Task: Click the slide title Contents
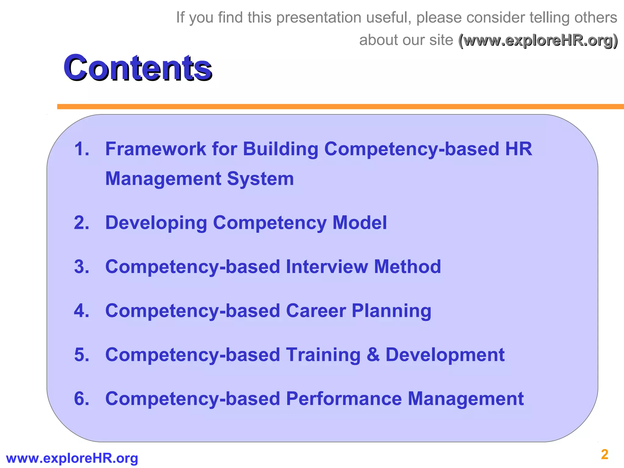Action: click(x=137, y=67)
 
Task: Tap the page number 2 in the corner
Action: click(x=604, y=455)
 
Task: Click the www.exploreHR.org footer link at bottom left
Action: click(x=72, y=458)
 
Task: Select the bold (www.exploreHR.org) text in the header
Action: click(x=538, y=40)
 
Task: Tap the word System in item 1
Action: click(x=260, y=179)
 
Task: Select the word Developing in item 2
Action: click(x=156, y=223)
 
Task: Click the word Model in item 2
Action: click(x=360, y=222)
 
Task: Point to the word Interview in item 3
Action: click(x=327, y=267)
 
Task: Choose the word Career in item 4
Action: click(x=316, y=311)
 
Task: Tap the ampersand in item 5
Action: click(x=373, y=355)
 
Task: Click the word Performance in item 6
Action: click(x=344, y=399)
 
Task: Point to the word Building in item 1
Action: click(x=280, y=150)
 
